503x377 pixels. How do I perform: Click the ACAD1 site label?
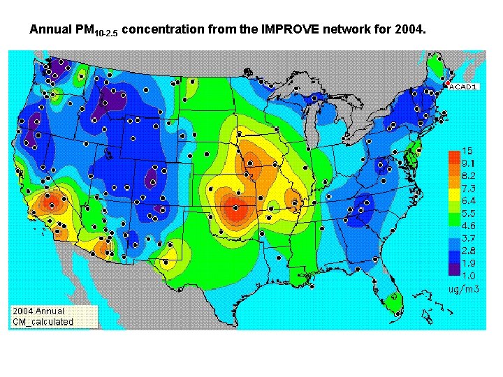462,87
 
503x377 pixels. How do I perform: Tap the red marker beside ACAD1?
446,84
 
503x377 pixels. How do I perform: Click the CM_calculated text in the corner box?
43,322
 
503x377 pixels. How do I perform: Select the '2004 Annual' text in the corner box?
38,311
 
